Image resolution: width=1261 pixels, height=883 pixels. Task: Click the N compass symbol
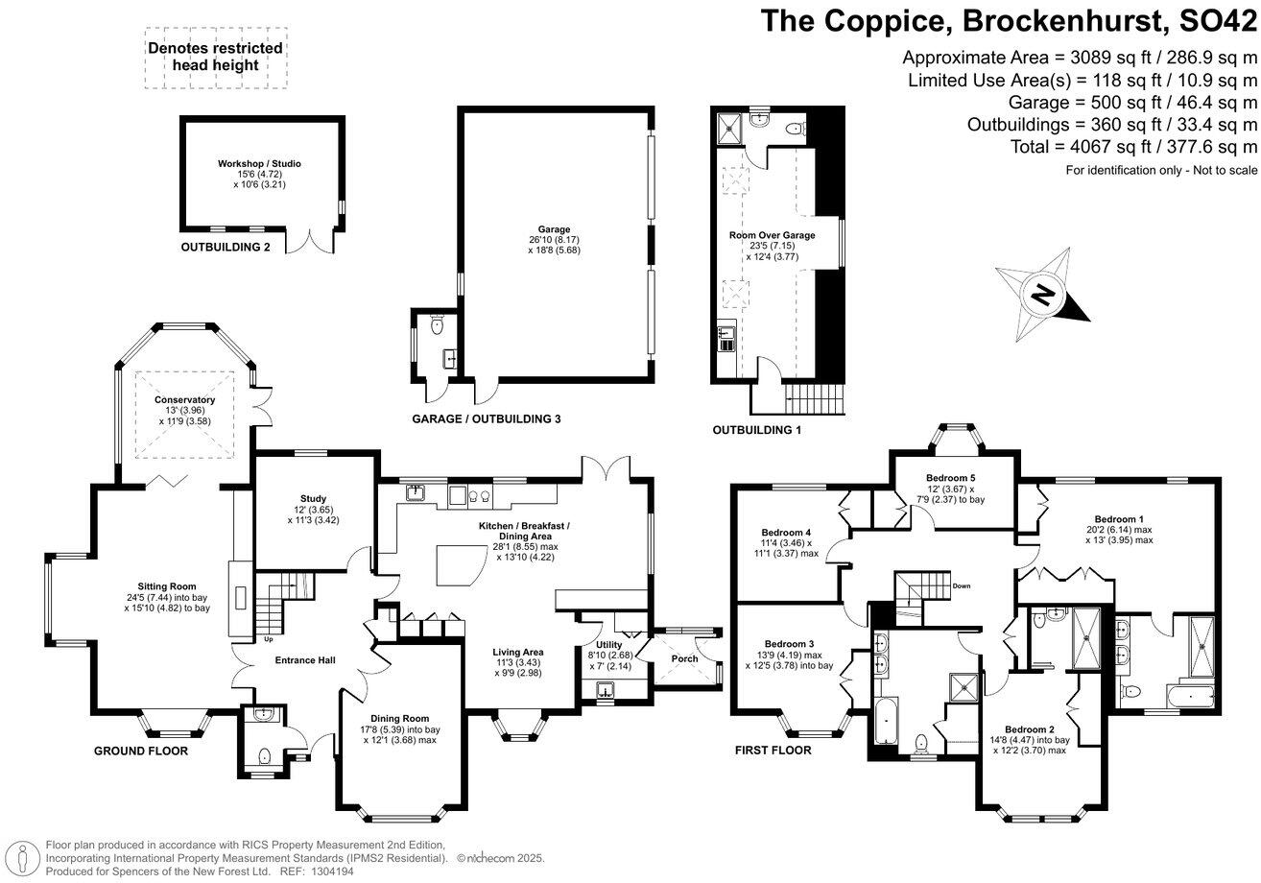[x=1042, y=295]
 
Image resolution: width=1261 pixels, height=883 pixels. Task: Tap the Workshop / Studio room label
[x=259, y=164]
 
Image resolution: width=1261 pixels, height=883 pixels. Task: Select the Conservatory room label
[x=184, y=400]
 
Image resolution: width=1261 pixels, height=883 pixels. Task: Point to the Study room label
[x=313, y=499]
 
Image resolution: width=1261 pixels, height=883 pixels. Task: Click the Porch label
[x=684, y=658]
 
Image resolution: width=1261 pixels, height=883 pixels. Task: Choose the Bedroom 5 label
[x=951, y=478]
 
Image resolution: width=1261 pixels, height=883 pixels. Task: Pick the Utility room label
[x=609, y=645]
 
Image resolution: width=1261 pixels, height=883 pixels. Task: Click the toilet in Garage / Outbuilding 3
[x=437, y=325]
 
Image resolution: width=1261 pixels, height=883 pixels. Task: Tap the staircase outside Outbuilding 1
[x=814, y=398]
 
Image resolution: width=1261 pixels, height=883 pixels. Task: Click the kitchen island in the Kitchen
[x=461, y=565]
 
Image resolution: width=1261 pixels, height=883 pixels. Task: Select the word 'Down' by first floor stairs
[x=962, y=586]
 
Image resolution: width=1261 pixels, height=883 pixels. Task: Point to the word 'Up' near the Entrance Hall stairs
[x=269, y=639]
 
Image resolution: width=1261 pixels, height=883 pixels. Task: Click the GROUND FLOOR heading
[x=141, y=751]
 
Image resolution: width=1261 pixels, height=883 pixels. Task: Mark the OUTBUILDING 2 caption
[x=226, y=248]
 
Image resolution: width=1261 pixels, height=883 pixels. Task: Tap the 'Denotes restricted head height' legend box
[x=216, y=58]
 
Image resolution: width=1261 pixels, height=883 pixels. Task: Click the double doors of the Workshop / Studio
[x=310, y=242]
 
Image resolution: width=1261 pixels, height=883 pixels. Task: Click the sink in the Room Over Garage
[x=726, y=338]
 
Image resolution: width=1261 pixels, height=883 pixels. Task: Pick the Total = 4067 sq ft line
[x=1133, y=147]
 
